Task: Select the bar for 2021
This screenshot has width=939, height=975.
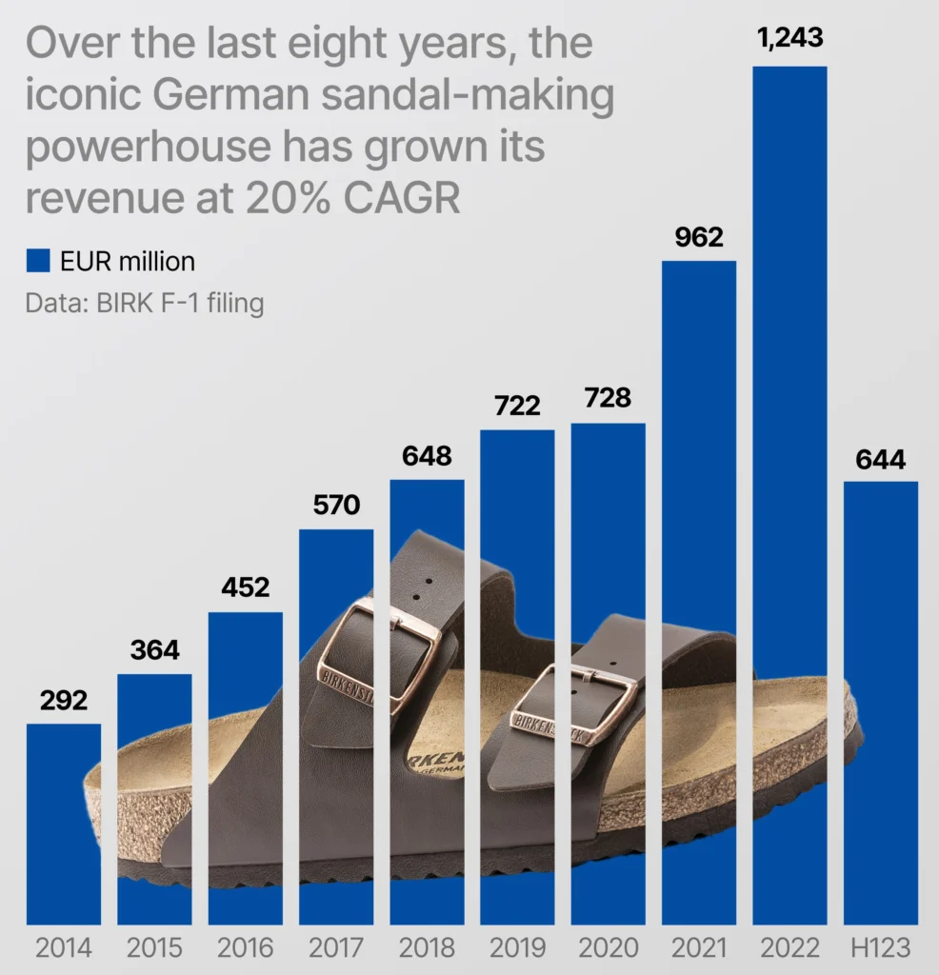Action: tap(699, 428)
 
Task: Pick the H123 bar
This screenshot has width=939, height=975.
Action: tap(881, 590)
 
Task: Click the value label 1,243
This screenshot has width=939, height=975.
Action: tap(789, 39)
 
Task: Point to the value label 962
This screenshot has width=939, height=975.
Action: tap(699, 236)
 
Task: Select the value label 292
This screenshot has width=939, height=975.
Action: tap(63, 702)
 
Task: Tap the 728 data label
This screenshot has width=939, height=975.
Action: tap(609, 398)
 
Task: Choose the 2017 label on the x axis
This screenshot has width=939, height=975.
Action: tap(336, 948)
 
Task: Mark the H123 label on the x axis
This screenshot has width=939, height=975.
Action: tap(881, 948)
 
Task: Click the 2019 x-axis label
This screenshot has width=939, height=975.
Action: tap(517, 948)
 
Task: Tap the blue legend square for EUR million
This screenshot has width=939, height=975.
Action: tap(37, 260)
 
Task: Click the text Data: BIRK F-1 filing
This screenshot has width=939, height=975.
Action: tap(145, 304)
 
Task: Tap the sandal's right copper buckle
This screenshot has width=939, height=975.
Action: tap(574, 705)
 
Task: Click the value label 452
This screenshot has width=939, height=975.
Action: tap(245, 587)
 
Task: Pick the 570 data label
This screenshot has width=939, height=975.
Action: tap(336, 505)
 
